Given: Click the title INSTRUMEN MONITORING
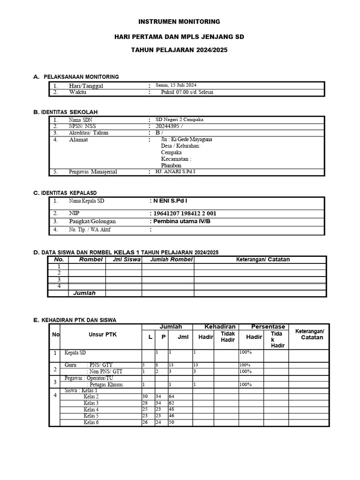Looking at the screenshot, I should (180, 22).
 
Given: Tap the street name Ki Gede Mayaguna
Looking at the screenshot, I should (185, 140).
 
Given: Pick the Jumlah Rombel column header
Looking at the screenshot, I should (168, 260).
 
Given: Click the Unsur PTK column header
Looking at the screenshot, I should (102, 335).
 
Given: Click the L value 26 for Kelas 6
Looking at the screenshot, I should (145, 422).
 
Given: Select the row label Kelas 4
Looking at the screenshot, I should (91, 410).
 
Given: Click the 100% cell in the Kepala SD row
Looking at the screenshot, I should (246, 352).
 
